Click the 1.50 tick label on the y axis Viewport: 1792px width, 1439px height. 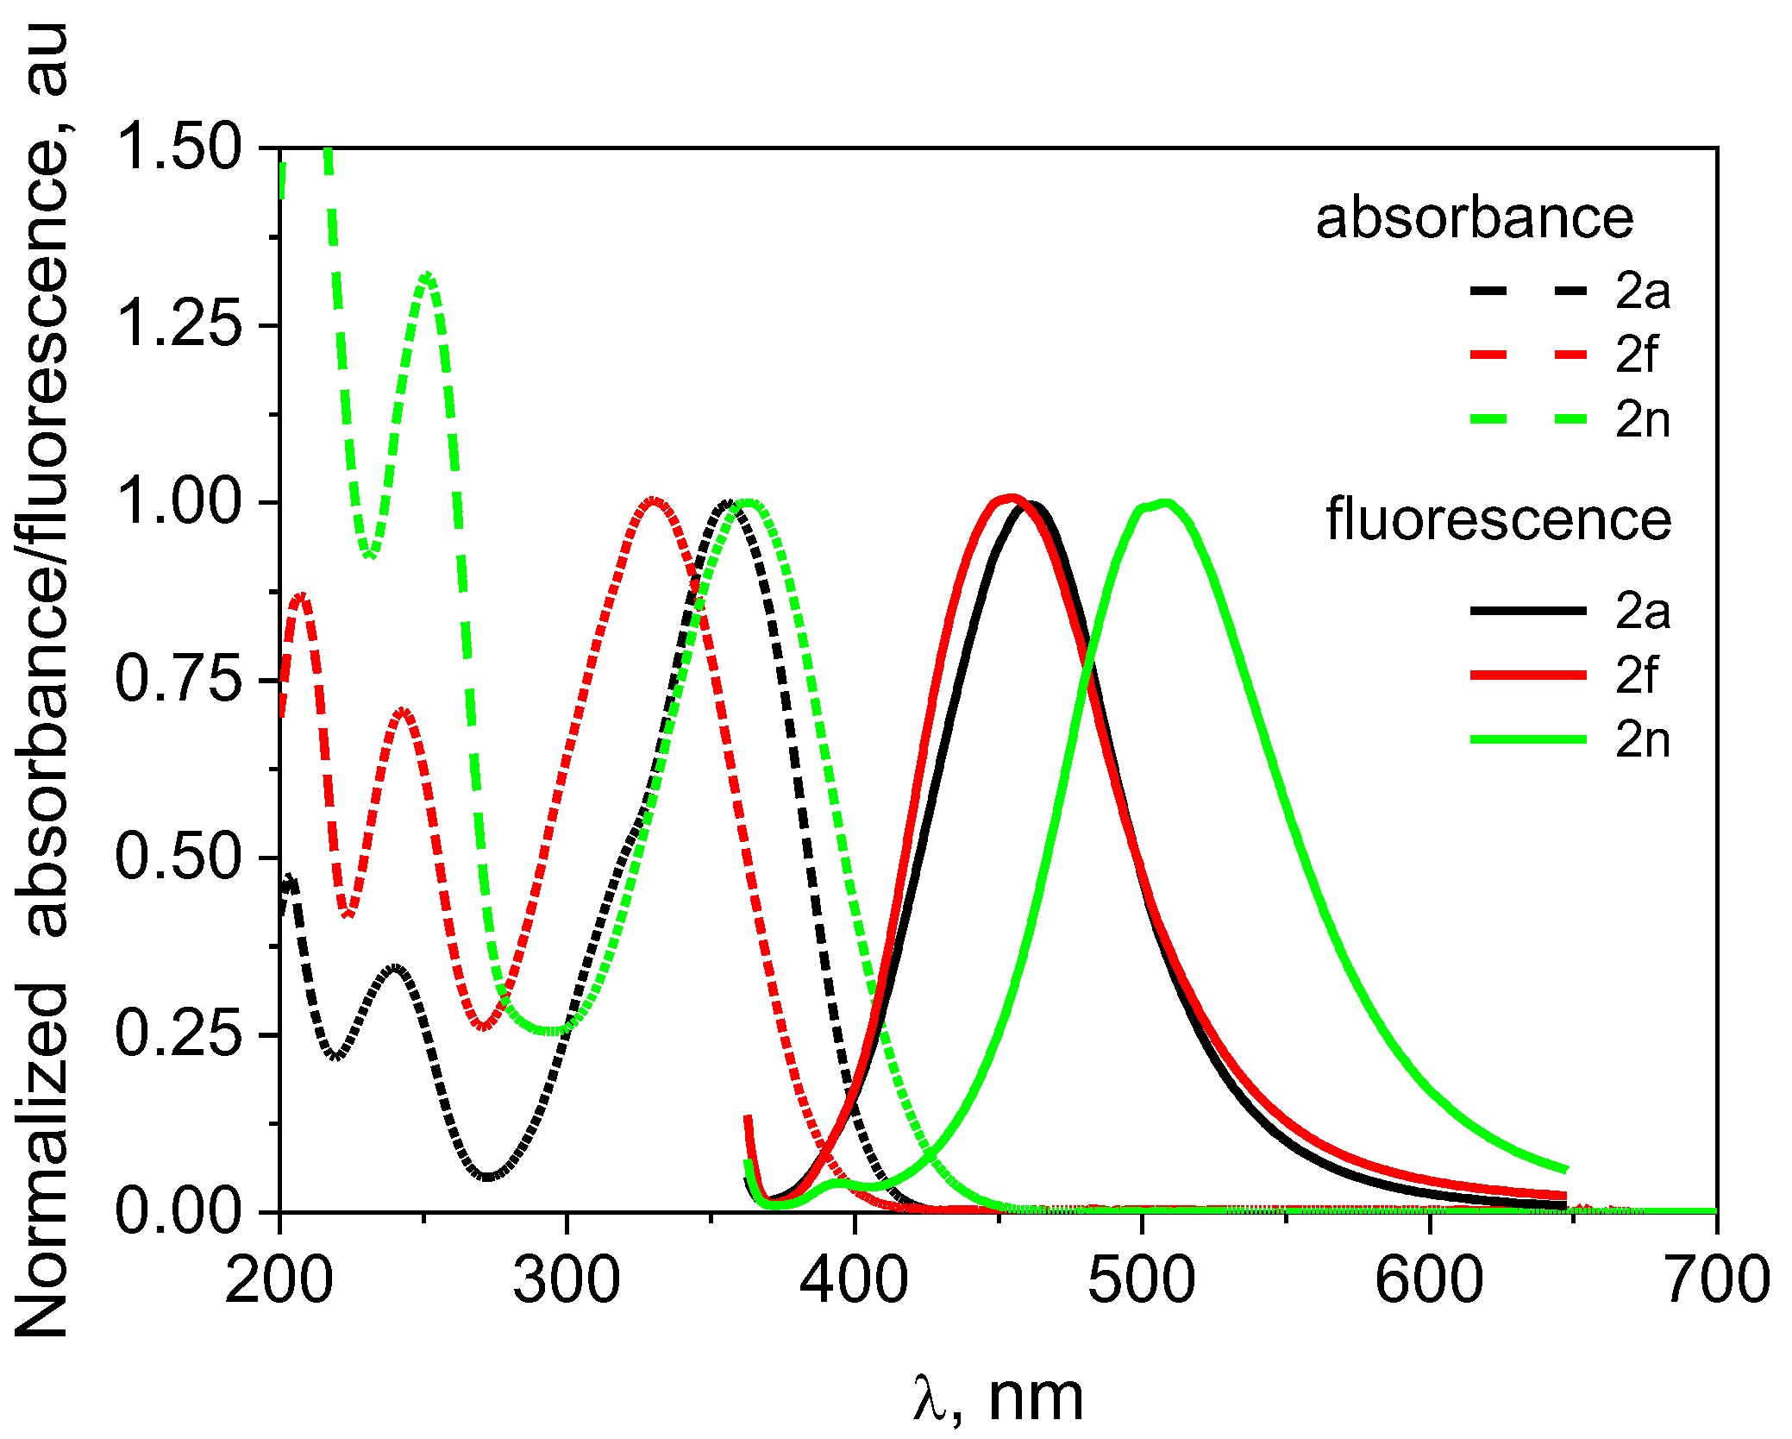pyautogui.click(x=179, y=148)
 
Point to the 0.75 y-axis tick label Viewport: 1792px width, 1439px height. pyautogui.click(x=179, y=679)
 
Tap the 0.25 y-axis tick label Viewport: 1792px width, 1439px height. pyautogui.click(x=179, y=1034)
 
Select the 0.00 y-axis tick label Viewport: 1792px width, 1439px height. pyautogui.click(x=179, y=1211)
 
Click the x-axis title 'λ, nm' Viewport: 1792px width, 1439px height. pyautogui.click(x=998, y=1397)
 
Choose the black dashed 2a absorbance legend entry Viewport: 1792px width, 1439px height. pyautogui.click(x=1570, y=292)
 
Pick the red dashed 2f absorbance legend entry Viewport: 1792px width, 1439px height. pyautogui.click(x=1570, y=355)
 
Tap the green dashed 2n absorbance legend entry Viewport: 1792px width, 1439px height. pyautogui.click(x=1570, y=420)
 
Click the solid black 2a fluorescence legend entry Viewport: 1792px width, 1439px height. pyautogui.click(x=1570, y=611)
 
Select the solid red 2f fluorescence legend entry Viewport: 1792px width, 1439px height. pyautogui.click(x=1570, y=676)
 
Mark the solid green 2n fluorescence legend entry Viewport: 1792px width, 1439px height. pyautogui.click(x=1570, y=740)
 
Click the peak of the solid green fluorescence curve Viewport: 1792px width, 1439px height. pyautogui.click(x=1165, y=503)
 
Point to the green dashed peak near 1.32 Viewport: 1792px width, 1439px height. pyautogui.click(x=428, y=276)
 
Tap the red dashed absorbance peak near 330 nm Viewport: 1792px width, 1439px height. pyautogui.click(x=654, y=501)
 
